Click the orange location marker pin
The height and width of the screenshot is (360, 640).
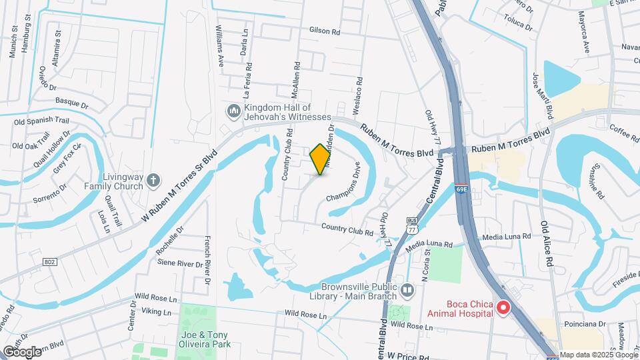pyautogui.click(x=321, y=159)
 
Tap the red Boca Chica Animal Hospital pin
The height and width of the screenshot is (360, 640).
pyautogui.click(x=504, y=307)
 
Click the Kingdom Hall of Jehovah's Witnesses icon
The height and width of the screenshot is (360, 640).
pyautogui.click(x=233, y=111)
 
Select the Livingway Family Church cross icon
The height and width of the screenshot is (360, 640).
pyautogui.click(x=154, y=179)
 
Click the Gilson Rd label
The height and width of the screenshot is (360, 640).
pyautogui.click(x=325, y=31)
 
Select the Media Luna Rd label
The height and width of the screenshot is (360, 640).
pyautogui.click(x=506, y=237)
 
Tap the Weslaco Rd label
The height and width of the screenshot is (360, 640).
pyautogui.click(x=361, y=94)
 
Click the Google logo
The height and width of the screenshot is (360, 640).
pyautogui.click(x=21, y=351)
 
